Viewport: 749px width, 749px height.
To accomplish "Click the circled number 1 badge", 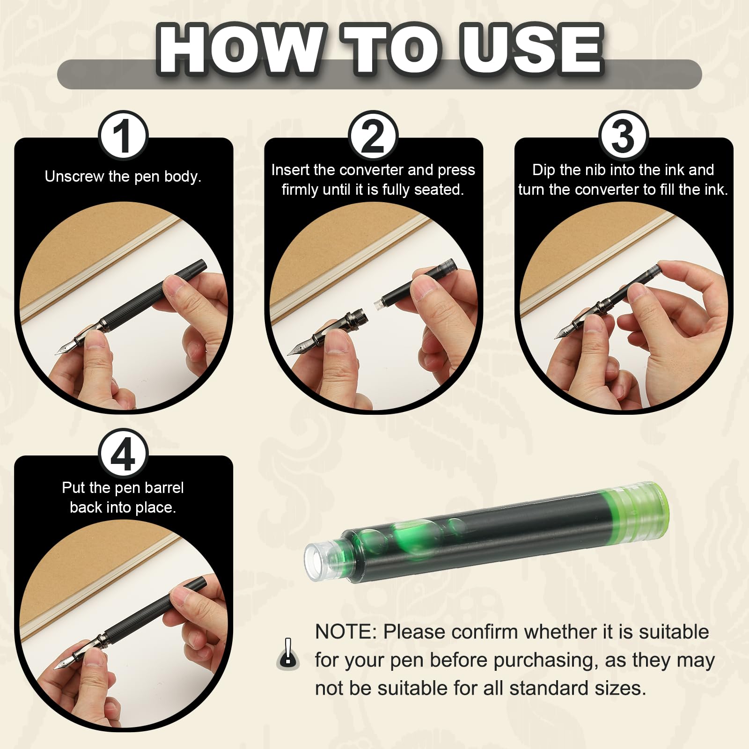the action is click(124, 136).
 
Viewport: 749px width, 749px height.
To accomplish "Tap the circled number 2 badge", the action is click(373, 136).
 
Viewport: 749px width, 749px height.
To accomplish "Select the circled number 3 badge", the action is click(623, 136).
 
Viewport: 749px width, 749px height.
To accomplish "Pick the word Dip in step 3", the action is click(543, 170).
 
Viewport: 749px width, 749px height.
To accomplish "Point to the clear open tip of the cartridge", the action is click(322, 561).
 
